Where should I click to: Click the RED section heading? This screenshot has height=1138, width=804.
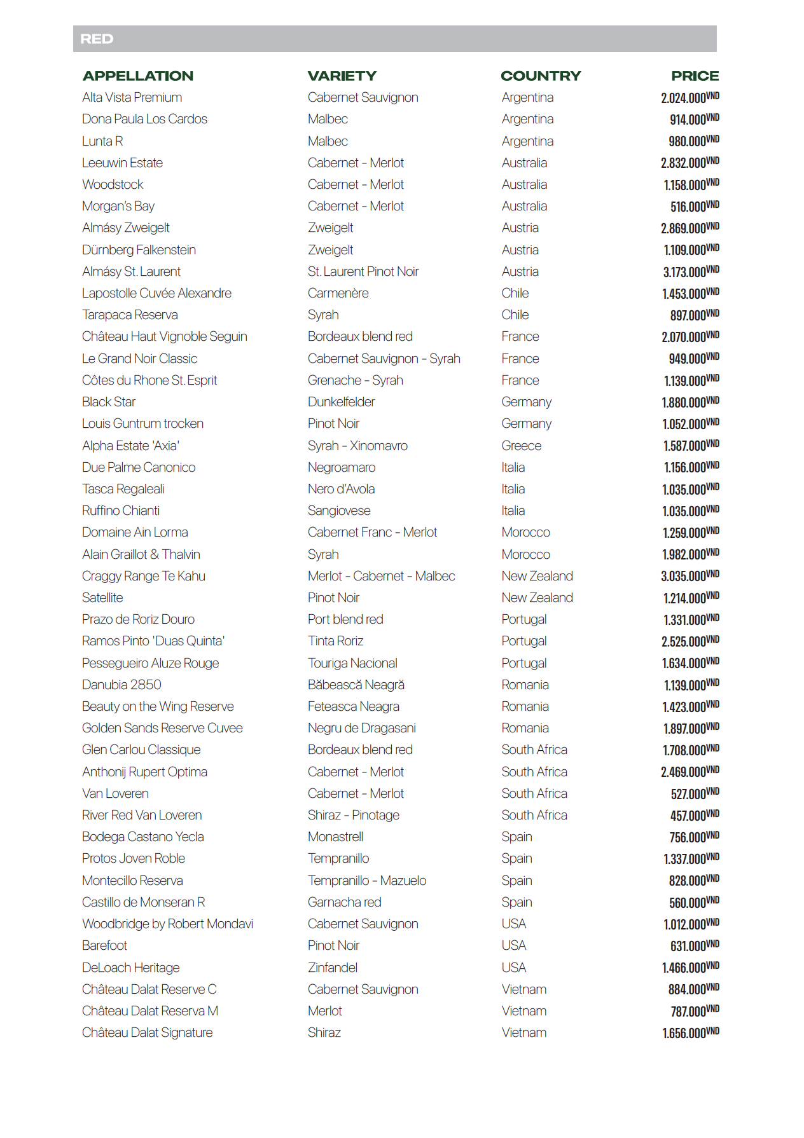point(97,39)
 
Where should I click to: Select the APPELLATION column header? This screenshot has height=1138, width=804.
point(138,76)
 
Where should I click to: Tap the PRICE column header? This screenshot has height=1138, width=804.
point(695,76)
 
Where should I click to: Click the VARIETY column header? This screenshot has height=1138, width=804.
point(342,76)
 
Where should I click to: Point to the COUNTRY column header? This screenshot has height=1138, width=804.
point(541,76)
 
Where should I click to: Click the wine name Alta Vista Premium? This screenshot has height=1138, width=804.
point(132,98)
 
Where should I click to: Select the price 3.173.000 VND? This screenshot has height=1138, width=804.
point(691,272)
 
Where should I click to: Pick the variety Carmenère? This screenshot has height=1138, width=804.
point(338,294)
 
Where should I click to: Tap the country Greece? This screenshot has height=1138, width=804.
point(522,446)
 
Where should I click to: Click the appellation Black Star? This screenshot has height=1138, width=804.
point(109,402)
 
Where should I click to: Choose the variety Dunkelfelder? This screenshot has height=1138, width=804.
point(342,402)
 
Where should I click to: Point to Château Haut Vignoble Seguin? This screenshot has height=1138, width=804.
point(165,337)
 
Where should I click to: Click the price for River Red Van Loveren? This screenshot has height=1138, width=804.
point(695,816)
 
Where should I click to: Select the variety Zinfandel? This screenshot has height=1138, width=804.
point(333,968)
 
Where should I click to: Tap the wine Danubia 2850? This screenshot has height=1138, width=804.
point(121,685)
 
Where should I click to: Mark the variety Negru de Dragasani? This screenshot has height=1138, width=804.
point(362,729)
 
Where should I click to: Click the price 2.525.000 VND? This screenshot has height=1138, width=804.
point(690,641)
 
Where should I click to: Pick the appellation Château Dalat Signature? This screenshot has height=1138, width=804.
point(148,1033)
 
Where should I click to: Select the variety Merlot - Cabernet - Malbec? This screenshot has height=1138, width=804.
point(382,577)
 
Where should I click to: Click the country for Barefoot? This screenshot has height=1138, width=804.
point(514,946)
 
